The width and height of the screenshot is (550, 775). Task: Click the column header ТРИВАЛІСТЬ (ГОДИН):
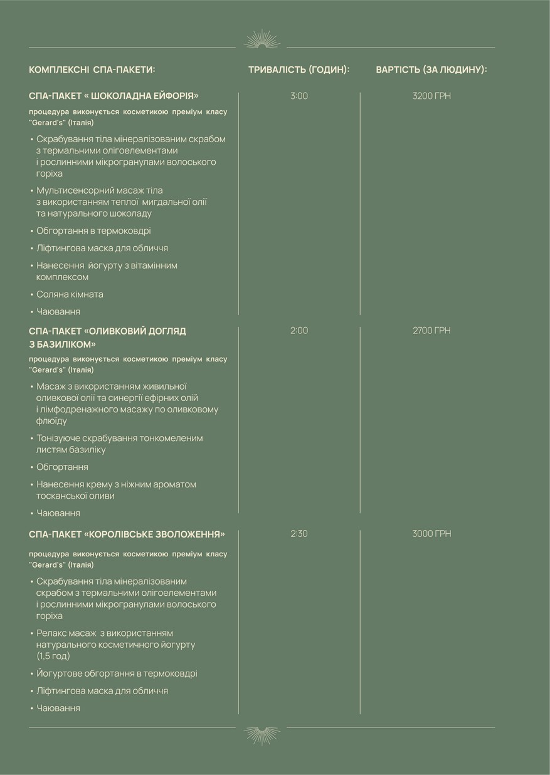(299, 70)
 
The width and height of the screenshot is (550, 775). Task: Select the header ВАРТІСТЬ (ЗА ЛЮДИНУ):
(431, 70)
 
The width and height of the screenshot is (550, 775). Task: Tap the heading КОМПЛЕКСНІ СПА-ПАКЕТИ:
(92, 70)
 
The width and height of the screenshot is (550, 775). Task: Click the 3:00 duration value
(299, 96)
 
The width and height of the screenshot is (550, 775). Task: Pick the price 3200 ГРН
(431, 96)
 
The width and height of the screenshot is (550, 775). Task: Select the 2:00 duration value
(299, 330)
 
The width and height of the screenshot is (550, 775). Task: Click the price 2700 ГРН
(431, 330)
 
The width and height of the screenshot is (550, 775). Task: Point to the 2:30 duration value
(299, 534)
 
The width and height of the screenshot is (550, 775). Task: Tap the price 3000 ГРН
(431, 534)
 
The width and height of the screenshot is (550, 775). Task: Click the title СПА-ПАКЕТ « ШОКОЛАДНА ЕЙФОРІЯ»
(114, 96)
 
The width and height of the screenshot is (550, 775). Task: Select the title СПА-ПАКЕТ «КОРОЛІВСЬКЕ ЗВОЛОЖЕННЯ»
(127, 534)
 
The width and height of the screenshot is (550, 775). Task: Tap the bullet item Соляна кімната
(70, 294)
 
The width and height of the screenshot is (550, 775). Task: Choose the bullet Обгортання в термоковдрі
(93, 231)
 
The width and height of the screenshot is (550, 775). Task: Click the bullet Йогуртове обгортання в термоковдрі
(117, 674)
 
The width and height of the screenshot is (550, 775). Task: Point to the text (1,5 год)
(53, 656)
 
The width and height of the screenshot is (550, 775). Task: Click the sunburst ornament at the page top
(262, 39)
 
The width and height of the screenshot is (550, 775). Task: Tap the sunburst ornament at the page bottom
(262, 735)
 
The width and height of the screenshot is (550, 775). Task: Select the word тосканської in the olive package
(60, 496)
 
